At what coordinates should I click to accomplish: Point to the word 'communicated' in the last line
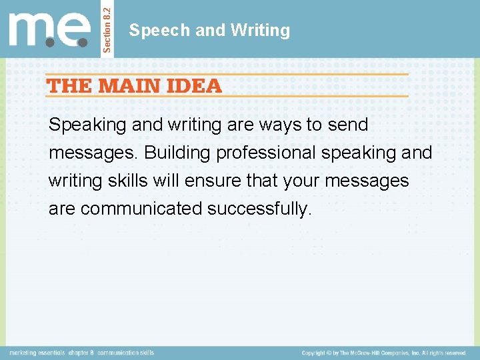tap(141, 209)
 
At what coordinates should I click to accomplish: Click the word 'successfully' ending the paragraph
tap(259, 209)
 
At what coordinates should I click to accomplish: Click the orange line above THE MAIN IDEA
tap(227, 73)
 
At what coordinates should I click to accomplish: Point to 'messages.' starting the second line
tap(94, 153)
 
